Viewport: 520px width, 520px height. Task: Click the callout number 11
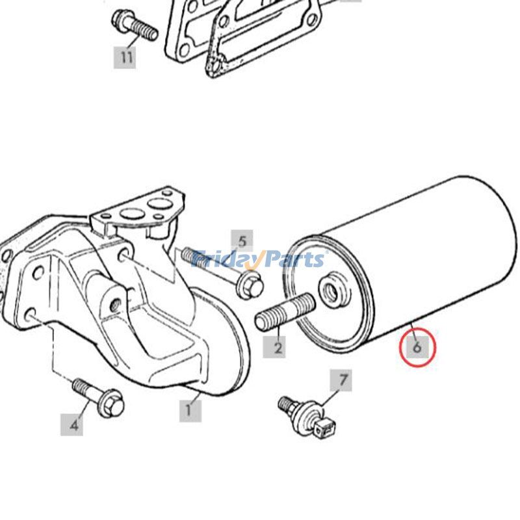click(125, 57)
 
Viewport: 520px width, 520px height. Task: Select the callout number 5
click(242, 241)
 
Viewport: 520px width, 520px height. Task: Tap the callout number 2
click(274, 347)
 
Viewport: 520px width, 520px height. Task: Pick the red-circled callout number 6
click(417, 346)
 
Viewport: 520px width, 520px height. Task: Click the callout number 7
click(341, 380)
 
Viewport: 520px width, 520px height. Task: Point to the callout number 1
click(190, 411)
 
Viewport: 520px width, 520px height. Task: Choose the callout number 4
click(71, 424)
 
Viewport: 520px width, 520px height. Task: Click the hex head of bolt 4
click(111, 404)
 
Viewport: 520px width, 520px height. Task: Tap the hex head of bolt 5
click(250, 285)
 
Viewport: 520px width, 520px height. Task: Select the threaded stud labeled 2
click(285, 312)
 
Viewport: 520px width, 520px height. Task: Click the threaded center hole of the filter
click(333, 289)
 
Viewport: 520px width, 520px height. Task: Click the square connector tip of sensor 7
click(324, 429)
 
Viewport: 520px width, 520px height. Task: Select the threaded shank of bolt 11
click(144, 30)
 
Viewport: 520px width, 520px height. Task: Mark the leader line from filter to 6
click(413, 330)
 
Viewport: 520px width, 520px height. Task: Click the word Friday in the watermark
click(225, 259)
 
